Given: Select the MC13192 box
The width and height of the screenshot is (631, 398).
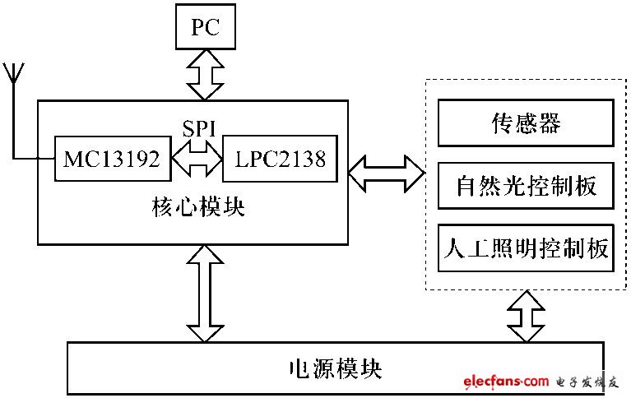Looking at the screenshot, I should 112,158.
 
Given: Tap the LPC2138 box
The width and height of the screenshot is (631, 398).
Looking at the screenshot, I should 281,158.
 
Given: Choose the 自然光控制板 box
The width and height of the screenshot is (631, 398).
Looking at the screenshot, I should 525,187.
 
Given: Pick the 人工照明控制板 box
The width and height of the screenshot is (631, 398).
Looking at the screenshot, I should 525,248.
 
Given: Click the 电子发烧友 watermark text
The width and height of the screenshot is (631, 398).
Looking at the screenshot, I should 587,382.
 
